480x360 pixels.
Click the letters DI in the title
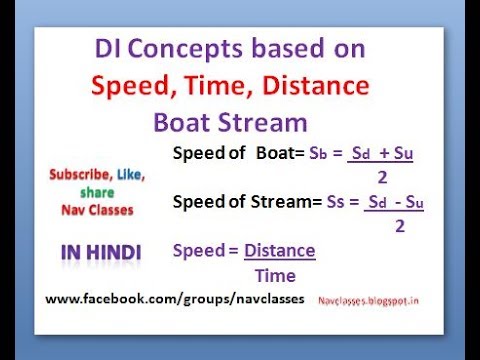tap(108, 50)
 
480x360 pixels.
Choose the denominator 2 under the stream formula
tap(399, 225)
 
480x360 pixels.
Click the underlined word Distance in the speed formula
tap(279, 250)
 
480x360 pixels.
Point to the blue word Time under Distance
tap(275, 274)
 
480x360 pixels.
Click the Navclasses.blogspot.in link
tap(371, 299)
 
